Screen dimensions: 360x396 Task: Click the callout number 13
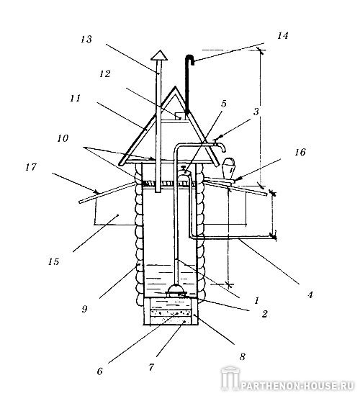(86, 40)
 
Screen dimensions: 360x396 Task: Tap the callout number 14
(283, 35)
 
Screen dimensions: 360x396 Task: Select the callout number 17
(31, 167)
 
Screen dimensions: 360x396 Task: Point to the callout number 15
(53, 261)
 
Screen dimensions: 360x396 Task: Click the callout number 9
(85, 309)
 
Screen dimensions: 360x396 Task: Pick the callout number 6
(100, 372)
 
